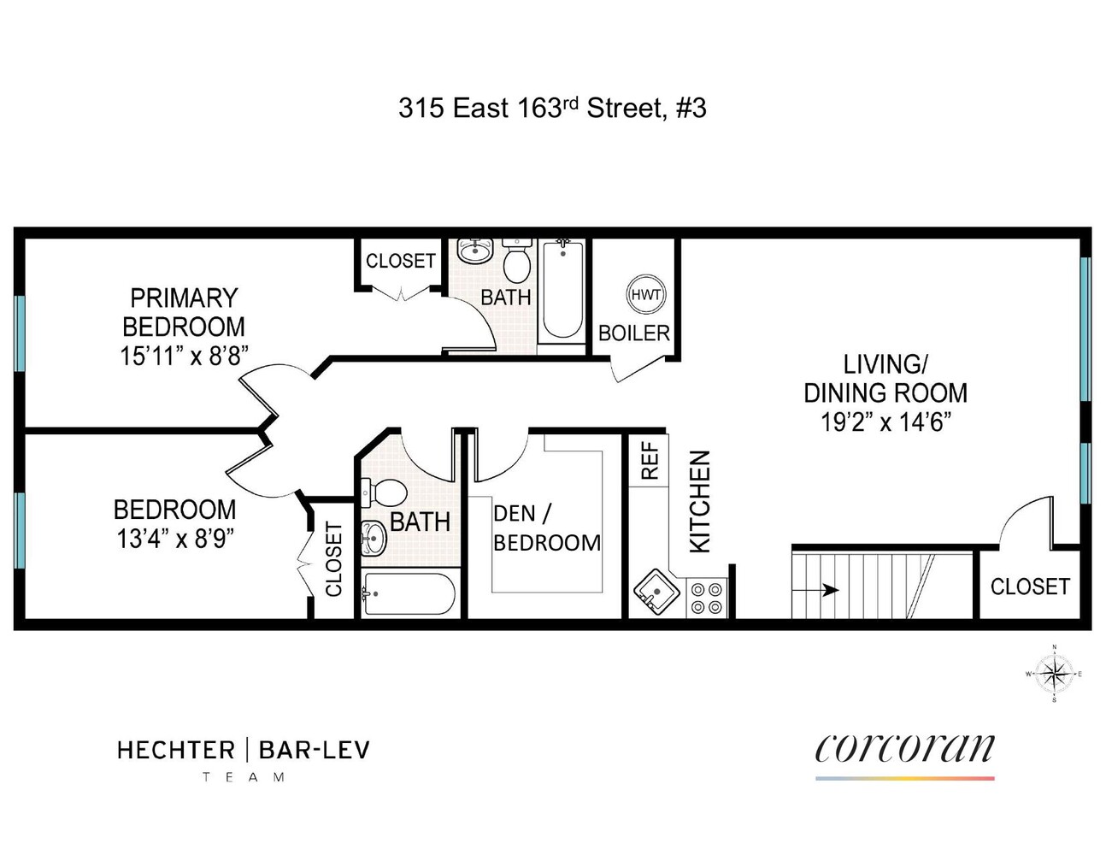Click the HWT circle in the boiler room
(646, 294)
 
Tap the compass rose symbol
(1054, 674)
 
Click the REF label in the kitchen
(650, 460)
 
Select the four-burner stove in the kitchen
(708, 598)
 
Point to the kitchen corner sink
(656, 592)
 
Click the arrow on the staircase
(815, 590)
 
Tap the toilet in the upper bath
(516, 259)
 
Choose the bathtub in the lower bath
(409, 594)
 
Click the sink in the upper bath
(475, 251)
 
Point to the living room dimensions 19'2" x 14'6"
(885, 422)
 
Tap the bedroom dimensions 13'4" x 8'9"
(175, 539)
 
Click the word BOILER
(633, 333)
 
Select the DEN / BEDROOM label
(547, 528)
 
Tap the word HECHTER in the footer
(176, 751)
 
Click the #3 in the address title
(691, 108)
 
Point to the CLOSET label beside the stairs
(1030, 587)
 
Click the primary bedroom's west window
(20, 333)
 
